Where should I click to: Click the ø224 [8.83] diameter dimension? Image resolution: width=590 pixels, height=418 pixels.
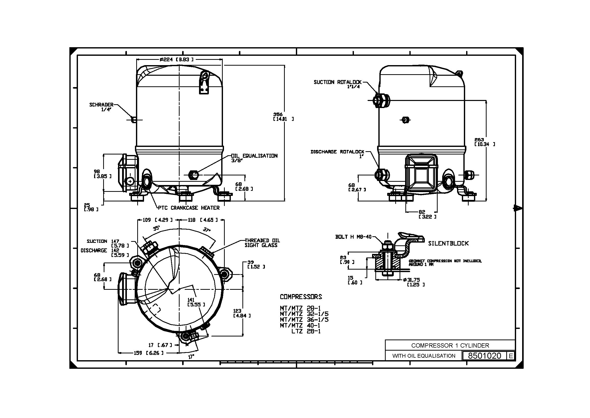[x=176, y=60]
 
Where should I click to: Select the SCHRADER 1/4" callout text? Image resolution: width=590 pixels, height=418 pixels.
[x=101, y=107]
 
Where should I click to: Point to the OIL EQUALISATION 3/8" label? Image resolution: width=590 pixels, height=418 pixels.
[x=254, y=158]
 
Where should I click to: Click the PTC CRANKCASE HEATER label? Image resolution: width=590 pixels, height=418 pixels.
[x=189, y=208]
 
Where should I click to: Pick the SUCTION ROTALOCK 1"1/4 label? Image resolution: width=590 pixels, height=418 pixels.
[x=338, y=84]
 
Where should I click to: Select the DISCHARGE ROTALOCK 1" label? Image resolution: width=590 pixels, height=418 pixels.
[x=338, y=154]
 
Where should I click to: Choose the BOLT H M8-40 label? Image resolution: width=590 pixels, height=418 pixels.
[x=353, y=237]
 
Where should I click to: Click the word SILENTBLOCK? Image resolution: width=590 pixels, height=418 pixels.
[x=448, y=244]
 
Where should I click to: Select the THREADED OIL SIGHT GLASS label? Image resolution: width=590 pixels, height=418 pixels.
[x=262, y=243]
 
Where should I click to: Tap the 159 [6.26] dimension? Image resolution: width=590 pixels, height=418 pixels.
[x=148, y=353]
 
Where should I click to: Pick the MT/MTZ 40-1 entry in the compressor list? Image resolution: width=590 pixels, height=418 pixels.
[x=300, y=325]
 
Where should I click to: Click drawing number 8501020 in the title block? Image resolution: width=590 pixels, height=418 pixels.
[x=485, y=356]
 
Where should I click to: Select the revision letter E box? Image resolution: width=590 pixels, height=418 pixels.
[x=511, y=356]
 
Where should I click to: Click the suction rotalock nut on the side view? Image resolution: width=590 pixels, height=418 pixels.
[x=381, y=100]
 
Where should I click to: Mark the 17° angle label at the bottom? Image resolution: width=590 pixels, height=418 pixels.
[x=191, y=357]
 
